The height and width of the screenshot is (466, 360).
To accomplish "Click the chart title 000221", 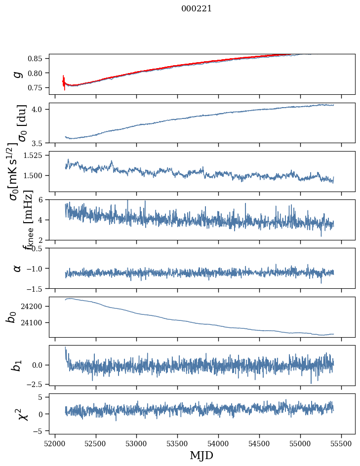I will [x=197, y=8].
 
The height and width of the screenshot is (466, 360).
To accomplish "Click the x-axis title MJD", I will [x=201, y=455].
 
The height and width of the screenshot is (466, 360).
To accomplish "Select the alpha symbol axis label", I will [x=17, y=268].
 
